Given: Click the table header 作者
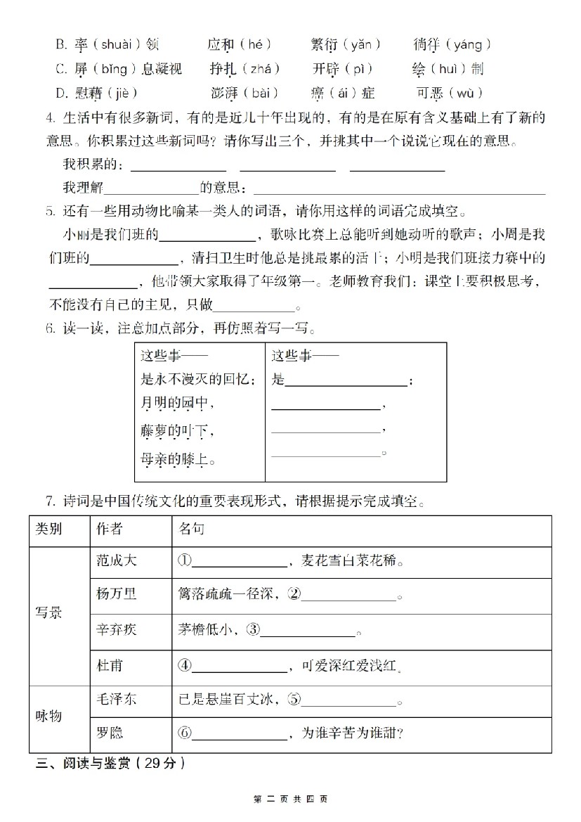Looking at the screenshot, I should pyautogui.click(x=109, y=529).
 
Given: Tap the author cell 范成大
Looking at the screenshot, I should pyautogui.click(x=116, y=560).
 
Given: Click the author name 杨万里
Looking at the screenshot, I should pyautogui.click(x=116, y=594).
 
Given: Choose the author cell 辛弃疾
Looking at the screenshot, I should pyautogui.click(x=116, y=629).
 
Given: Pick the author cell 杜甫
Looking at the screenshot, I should pyautogui.click(x=109, y=664).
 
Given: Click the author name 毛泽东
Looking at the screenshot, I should pyautogui.click(x=116, y=699).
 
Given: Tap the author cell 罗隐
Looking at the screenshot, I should pyautogui.click(x=109, y=733).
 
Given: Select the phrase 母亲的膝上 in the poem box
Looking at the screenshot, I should pyautogui.click(x=178, y=460).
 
